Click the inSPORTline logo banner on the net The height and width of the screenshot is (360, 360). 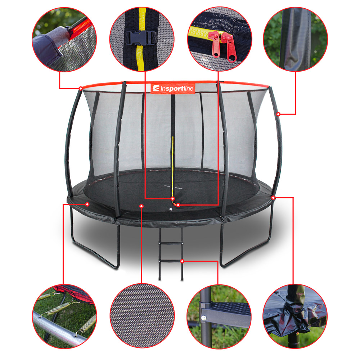click(173, 88)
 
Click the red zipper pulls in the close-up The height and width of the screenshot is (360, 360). click(223, 46)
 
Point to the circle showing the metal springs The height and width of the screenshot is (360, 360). click(64, 316)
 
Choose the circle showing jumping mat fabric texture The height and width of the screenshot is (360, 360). click(142, 316)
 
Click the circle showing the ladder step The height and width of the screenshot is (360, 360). click(219, 316)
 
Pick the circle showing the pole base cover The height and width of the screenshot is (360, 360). click(295, 316)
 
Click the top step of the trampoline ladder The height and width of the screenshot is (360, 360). click(171, 243)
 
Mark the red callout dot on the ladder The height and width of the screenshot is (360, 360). click(182, 261)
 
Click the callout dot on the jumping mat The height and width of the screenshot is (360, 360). click(141, 206)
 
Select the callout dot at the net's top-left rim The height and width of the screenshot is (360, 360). click(81, 89)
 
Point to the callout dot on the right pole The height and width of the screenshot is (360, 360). click(278, 114)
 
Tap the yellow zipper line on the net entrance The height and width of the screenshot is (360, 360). click(173, 168)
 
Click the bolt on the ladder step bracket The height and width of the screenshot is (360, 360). click(203, 318)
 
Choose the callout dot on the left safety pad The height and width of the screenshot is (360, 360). click(87, 204)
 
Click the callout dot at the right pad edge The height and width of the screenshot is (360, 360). click(273, 197)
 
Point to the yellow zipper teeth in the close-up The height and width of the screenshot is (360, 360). click(200, 33)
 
